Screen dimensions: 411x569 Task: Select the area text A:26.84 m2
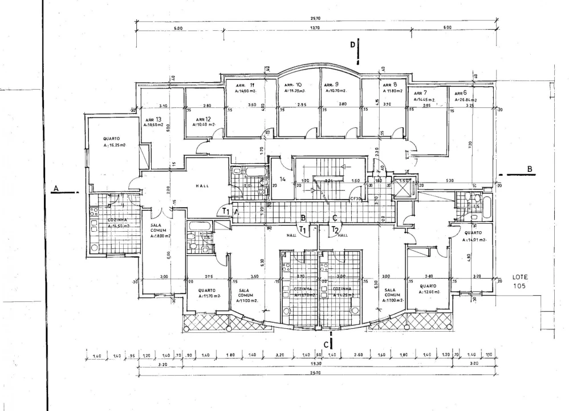click(x=466, y=99)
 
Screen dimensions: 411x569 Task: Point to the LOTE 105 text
click(x=522, y=280)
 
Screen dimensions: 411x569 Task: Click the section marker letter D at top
click(x=353, y=44)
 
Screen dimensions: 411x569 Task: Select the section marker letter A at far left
click(x=56, y=188)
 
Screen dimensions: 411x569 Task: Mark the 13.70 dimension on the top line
click(x=314, y=28)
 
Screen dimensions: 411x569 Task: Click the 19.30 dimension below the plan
click(x=315, y=364)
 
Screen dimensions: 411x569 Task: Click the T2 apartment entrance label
click(x=335, y=229)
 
